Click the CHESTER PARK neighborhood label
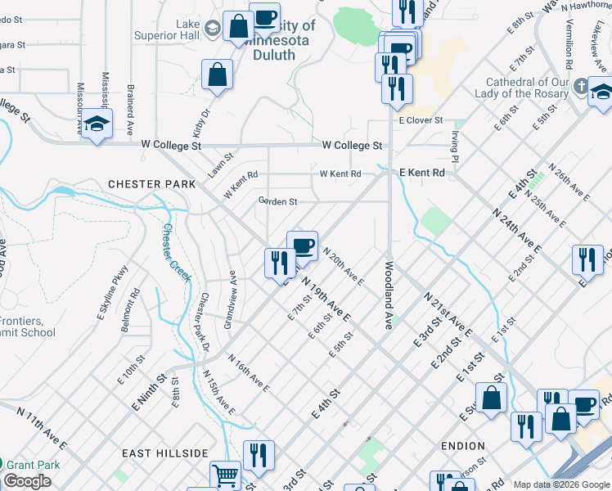[x=153, y=184]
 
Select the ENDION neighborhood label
[x=463, y=446]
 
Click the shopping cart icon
[x=225, y=475]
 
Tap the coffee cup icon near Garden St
[x=302, y=245]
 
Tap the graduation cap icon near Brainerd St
[x=97, y=124]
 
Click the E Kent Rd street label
[x=421, y=173]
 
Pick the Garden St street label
[x=277, y=201]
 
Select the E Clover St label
[x=421, y=120]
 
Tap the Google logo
[x=28, y=481]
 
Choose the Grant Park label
[x=36, y=465]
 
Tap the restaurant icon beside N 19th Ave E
[x=279, y=262]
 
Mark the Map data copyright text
[x=561, y=484]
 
